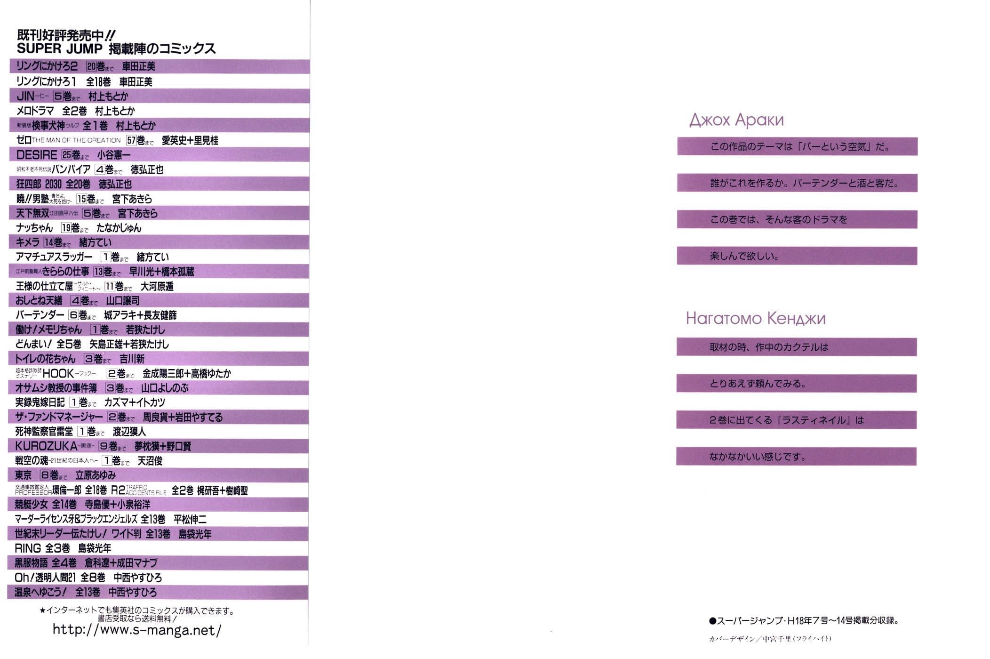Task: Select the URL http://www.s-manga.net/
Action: point(136,630)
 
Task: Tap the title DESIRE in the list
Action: point(37,155)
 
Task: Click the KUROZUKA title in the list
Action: point(46,446)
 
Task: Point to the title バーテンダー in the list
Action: point(40,315)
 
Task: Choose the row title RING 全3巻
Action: point(42,548)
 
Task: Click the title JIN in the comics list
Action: point(25,96)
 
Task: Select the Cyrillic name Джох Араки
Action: point(736,120)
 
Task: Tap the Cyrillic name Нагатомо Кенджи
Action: point(756,319)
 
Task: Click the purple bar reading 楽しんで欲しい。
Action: point(797,257)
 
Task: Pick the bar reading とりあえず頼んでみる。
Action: point(796,384)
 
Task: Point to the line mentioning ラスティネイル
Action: point(796,420)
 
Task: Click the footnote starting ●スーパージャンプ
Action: point(804,621)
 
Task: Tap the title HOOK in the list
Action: point(58,374)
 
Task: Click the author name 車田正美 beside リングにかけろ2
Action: point(138,67)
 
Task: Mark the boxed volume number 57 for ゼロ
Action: point(131,140)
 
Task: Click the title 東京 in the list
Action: point(24,475)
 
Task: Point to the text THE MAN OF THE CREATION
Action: point(76,140)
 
